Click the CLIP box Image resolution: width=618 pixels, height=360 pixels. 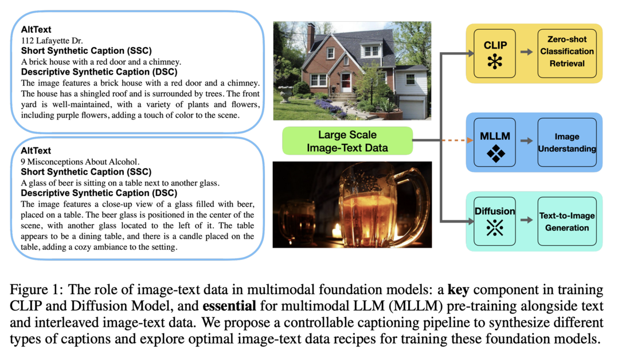[495, 53]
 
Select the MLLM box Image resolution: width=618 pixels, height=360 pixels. [495, 142]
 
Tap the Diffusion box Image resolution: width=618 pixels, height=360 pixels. [495, 221]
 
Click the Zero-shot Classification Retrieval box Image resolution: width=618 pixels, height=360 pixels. [567, 53]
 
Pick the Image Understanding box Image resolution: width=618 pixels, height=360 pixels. [567, 142]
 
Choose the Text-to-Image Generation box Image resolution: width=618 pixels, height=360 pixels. [567, 221]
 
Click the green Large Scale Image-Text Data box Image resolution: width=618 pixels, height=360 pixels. [347, 141]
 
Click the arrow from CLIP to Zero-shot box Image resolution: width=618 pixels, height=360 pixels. [526, 52]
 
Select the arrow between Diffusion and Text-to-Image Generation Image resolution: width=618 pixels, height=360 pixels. [526, 220]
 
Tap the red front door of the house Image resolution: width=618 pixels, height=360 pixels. [346, 83]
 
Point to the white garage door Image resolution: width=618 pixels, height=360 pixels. [413, 108]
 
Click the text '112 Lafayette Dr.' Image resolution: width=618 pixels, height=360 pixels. [52, 41]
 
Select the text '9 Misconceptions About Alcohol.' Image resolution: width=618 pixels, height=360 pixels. [80, 162]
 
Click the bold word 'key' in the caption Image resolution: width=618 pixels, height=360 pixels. [459, 290]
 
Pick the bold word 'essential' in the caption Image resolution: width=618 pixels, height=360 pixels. [229, 306]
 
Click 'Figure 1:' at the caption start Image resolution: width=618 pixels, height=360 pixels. [36, 290]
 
